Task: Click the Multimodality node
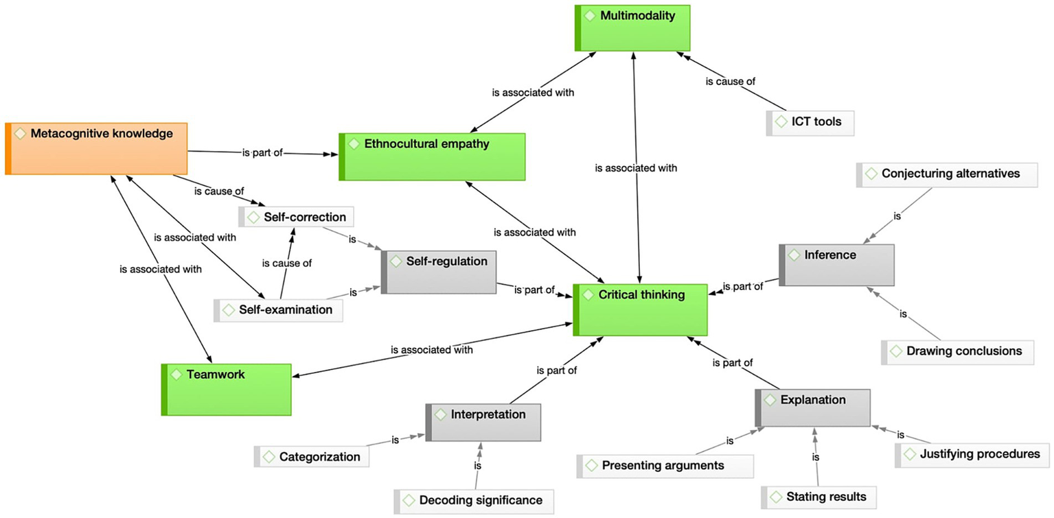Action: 632,27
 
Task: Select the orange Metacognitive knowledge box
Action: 96,148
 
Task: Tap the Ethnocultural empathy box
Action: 433,156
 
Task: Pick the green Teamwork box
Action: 227,389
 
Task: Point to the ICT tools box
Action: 810,123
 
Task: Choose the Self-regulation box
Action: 439,272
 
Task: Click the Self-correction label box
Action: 297,217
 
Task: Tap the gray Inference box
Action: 837,265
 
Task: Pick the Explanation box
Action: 813,408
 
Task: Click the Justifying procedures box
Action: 972,454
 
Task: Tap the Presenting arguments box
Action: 665,466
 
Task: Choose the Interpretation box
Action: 483,422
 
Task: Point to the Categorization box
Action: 312,457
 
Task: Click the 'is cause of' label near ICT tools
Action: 731,82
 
